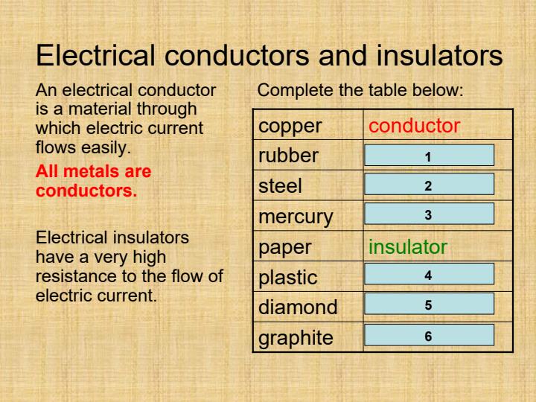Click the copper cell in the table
click(x=290, y=126)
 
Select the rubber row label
click(x=288, y=156)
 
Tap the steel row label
click(x=281, y=186)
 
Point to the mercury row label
click(x=296, y=217)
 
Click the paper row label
click(x=285, y=247)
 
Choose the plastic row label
click(x=288, y=277)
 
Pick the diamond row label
click(x=298, y=307)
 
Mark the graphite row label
click(x=296, y=337)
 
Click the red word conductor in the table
click(x=415, y=126)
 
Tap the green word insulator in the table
click(x=409, y=246)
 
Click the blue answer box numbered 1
click(x=429, y=156)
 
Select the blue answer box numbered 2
click(x=429, y=185)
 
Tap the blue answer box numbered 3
click(x=429, y=214)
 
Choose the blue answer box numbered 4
click(x=429, y=275)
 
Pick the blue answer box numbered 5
click(x=429, y=304)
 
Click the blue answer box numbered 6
click(x=429, y=335)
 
